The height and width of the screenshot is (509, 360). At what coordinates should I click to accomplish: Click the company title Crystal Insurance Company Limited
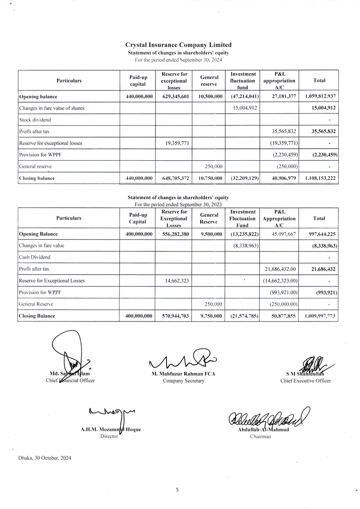coord(178,45)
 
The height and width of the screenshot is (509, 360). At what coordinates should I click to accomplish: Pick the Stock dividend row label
coord(35,119)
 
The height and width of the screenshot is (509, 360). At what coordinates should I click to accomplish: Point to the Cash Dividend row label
coord(35,258)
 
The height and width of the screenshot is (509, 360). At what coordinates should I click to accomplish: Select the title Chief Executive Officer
coord(305,381)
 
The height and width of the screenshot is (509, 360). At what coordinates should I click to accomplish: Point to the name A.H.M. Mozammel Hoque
coord(111,430)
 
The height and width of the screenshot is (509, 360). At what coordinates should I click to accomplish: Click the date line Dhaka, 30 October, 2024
coord(45,458)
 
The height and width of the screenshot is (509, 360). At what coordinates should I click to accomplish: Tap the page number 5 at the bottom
coord(177,490)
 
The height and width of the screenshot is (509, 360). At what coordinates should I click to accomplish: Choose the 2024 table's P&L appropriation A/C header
coord(279,81)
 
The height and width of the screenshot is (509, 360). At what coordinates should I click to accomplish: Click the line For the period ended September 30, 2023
coord(178,204)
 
